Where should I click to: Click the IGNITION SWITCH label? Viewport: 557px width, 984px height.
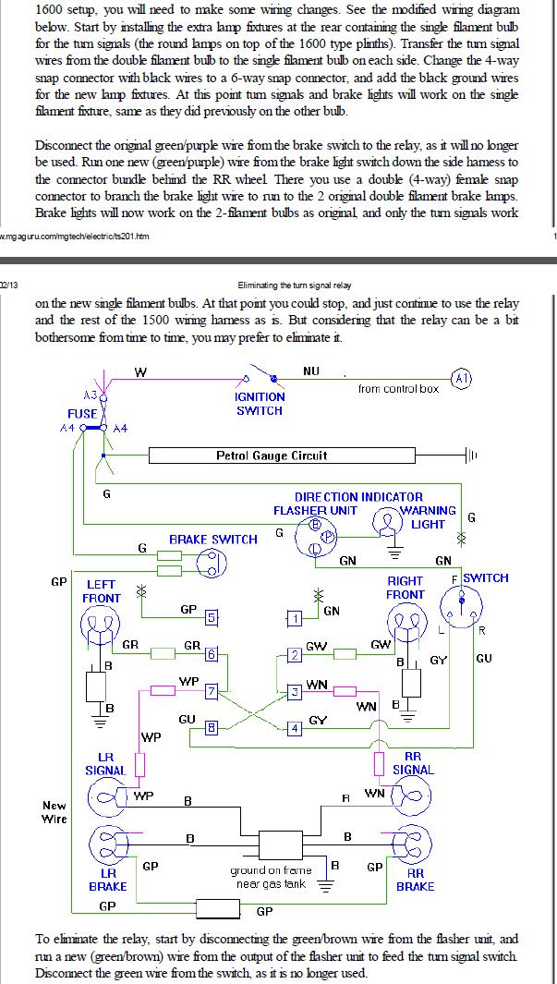point(259,404)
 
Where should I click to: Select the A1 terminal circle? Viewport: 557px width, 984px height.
point(462,379)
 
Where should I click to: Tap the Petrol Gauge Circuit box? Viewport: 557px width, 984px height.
point(282,455)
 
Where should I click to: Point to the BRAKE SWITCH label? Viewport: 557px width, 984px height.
point(212,539)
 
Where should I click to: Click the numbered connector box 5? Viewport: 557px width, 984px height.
point(212,617)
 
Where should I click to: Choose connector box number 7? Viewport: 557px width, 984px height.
point(212,691)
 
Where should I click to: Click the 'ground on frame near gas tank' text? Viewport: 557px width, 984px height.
point(271,877)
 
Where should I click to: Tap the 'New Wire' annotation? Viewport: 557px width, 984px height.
point(54,811)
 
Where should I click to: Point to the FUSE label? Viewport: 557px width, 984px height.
point(82,414)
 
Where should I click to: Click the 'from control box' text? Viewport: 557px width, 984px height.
point(398,388)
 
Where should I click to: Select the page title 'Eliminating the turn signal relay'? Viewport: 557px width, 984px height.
point(295,285)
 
